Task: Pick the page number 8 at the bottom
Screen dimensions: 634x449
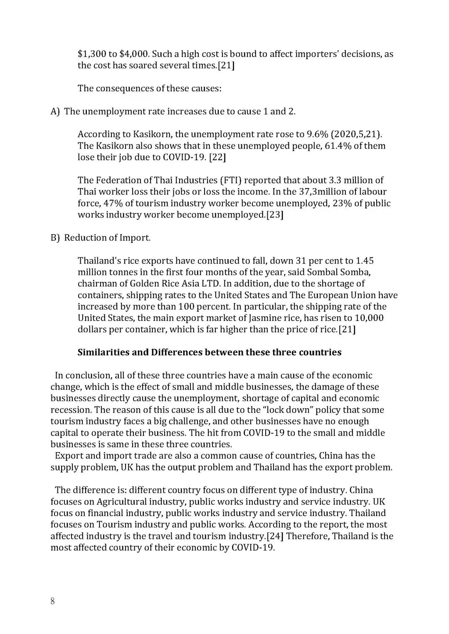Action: tap(52, 601)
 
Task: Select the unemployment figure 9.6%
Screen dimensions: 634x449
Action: tap(318, 134)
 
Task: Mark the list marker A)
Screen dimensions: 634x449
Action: tap(55, 111)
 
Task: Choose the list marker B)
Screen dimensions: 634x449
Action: tap(55, 238)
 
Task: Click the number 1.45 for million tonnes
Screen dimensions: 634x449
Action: tap(365, 261)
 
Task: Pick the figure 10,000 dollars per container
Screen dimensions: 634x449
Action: tap(369, 318)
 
